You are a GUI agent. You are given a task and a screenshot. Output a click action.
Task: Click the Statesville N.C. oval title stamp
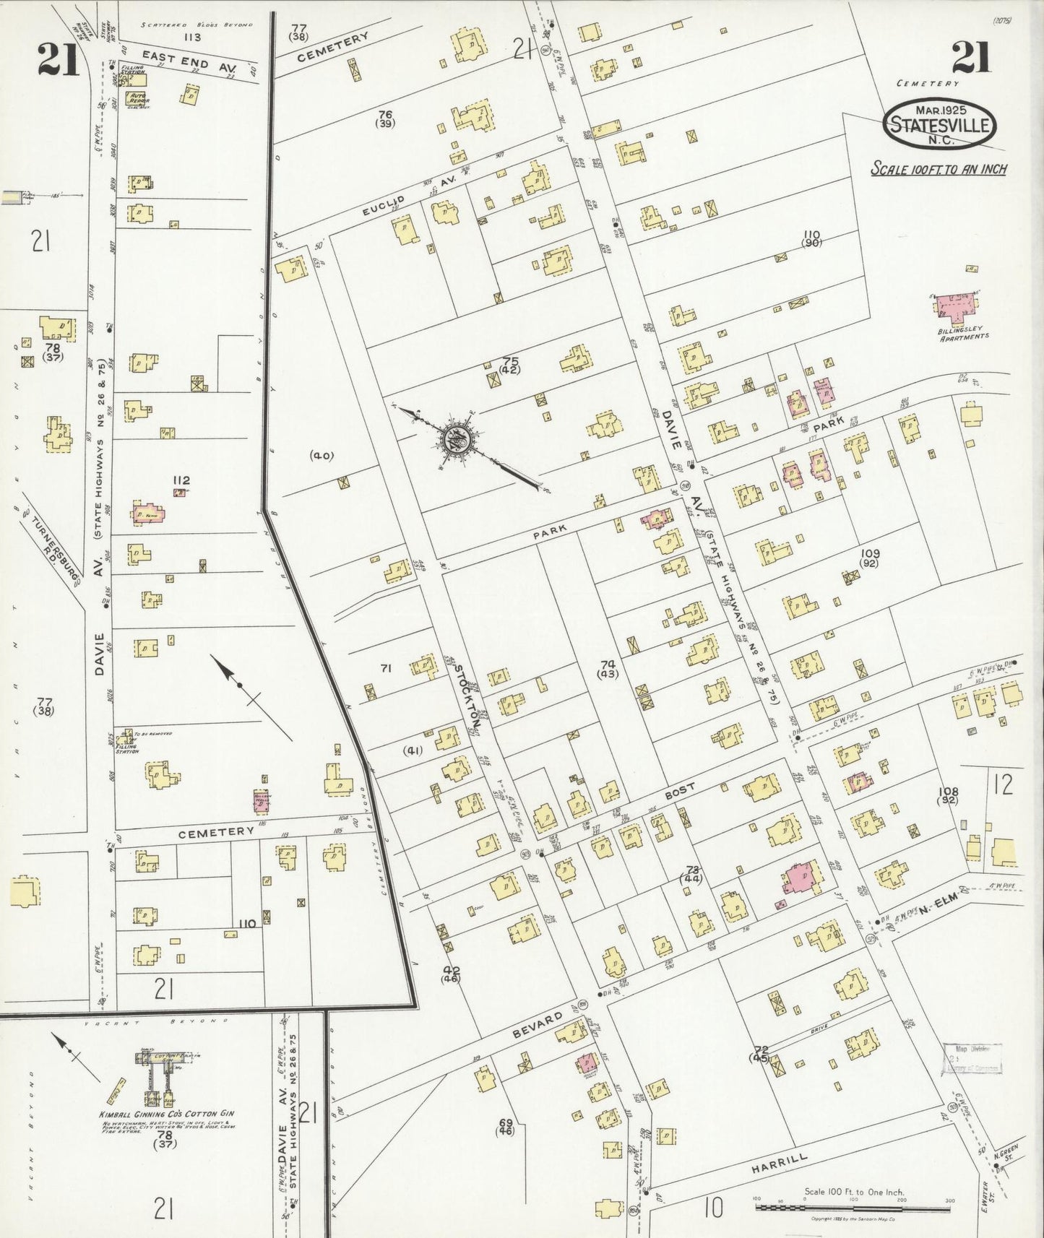(x=940, y=125)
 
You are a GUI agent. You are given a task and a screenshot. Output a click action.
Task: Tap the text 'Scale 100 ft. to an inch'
(x=939, y=169)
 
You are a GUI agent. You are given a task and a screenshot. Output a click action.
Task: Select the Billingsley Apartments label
(x=962, y=333)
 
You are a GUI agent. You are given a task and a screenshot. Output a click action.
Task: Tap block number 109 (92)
(x=869, y=558)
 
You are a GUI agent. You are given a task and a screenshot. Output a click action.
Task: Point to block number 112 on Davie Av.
(x=181, y=480)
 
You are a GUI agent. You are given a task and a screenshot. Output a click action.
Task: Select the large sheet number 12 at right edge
(x=1003, y=785)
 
